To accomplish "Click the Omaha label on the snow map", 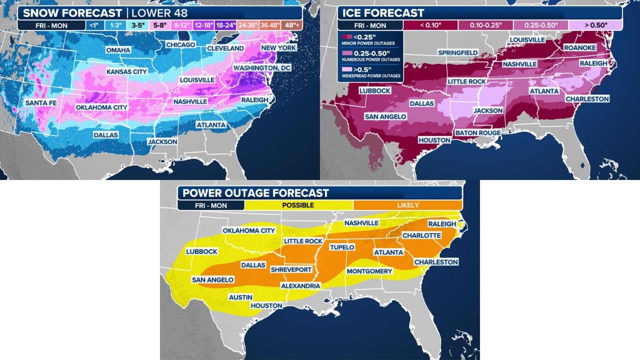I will point(118,50).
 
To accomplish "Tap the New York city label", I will point(277,48).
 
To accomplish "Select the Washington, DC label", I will point(262,67).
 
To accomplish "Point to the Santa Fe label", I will point(41,103).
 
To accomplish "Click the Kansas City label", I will point(127,72).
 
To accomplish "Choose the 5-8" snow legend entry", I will point(159,24).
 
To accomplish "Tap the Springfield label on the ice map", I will point(458,52).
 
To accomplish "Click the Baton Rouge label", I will point(477,132).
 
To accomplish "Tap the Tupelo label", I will point(342,247).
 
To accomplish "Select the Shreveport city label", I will point(291,269).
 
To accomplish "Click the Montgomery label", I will point(369,271).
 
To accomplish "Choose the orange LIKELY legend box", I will point(407,205).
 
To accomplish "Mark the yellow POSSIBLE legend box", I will point(298,205).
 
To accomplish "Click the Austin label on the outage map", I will point(240,297).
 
